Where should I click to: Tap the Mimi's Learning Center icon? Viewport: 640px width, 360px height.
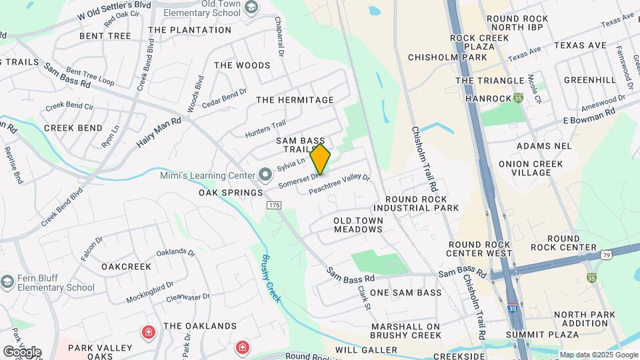(x=265, y=175)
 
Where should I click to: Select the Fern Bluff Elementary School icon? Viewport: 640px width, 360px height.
(x=7, y=281)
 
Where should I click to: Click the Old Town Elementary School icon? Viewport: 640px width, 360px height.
(x=251, y=7)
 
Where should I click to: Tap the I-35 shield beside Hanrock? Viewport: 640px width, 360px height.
(x=518, y=98)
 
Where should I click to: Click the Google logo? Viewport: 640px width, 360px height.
(x=21, y=351)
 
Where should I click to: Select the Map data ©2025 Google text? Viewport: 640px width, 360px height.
(x=598, y=355)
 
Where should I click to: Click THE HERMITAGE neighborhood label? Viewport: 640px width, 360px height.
(x=295, y=100)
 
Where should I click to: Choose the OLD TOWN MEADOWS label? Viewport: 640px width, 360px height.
(x=358, y=225)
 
